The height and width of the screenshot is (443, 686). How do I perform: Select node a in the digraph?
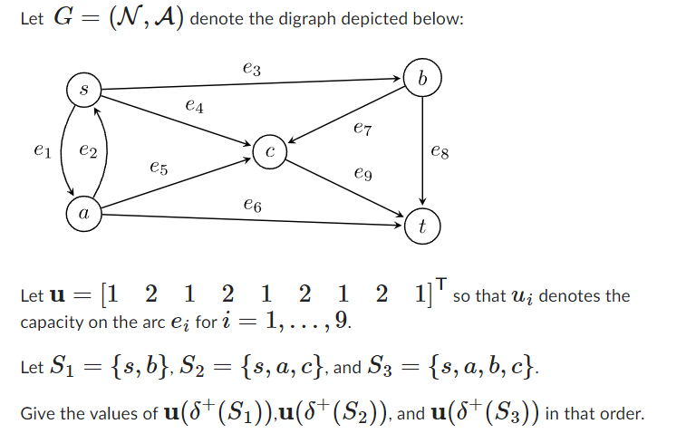click(x=83, y=215)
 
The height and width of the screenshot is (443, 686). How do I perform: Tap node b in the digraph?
click(x=422, y=77)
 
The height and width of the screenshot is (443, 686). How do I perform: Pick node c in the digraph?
click(x=270, y=152)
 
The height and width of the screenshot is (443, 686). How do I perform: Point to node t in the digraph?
click(x=422, y=226)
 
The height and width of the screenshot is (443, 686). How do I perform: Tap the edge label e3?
click(x=253, y=67)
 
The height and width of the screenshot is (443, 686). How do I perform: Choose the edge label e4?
click(x=194, y=107)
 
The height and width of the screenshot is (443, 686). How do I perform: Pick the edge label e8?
click(x=440, y=154)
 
